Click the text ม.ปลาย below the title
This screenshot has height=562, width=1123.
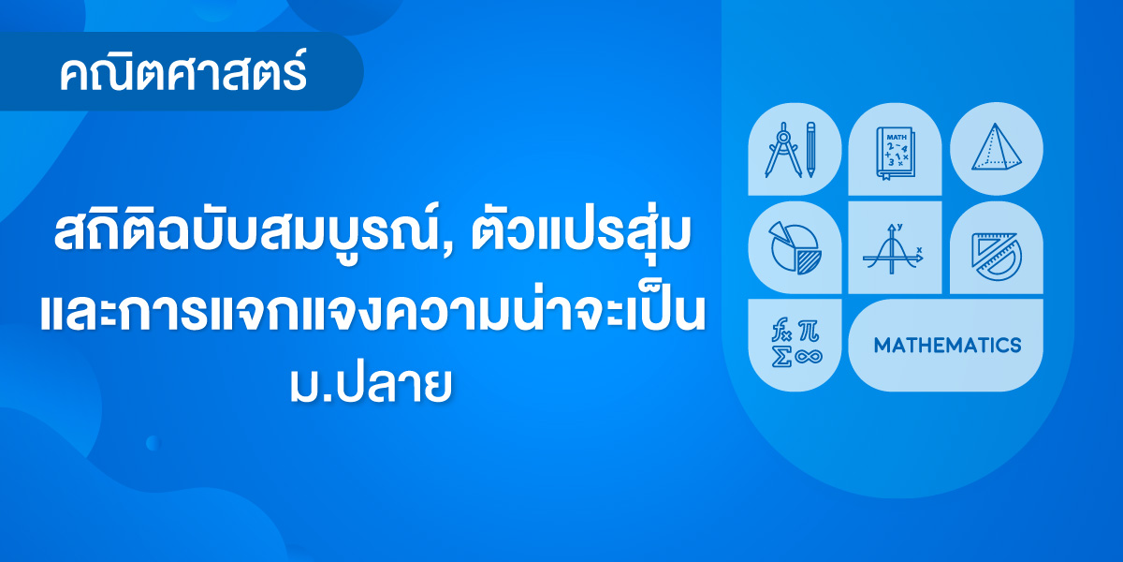(371, 385)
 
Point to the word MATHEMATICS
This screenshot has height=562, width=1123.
(947, 346)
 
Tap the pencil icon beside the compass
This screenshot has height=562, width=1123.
(810, 150)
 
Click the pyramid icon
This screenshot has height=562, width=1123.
(996, 148)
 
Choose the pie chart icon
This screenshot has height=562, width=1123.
(795, 248)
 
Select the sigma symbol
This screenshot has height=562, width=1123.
(781, 356)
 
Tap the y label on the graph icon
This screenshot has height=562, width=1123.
(900, 227)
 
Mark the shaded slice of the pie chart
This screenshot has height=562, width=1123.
(809, 262)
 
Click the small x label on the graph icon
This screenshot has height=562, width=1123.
(919, 249)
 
